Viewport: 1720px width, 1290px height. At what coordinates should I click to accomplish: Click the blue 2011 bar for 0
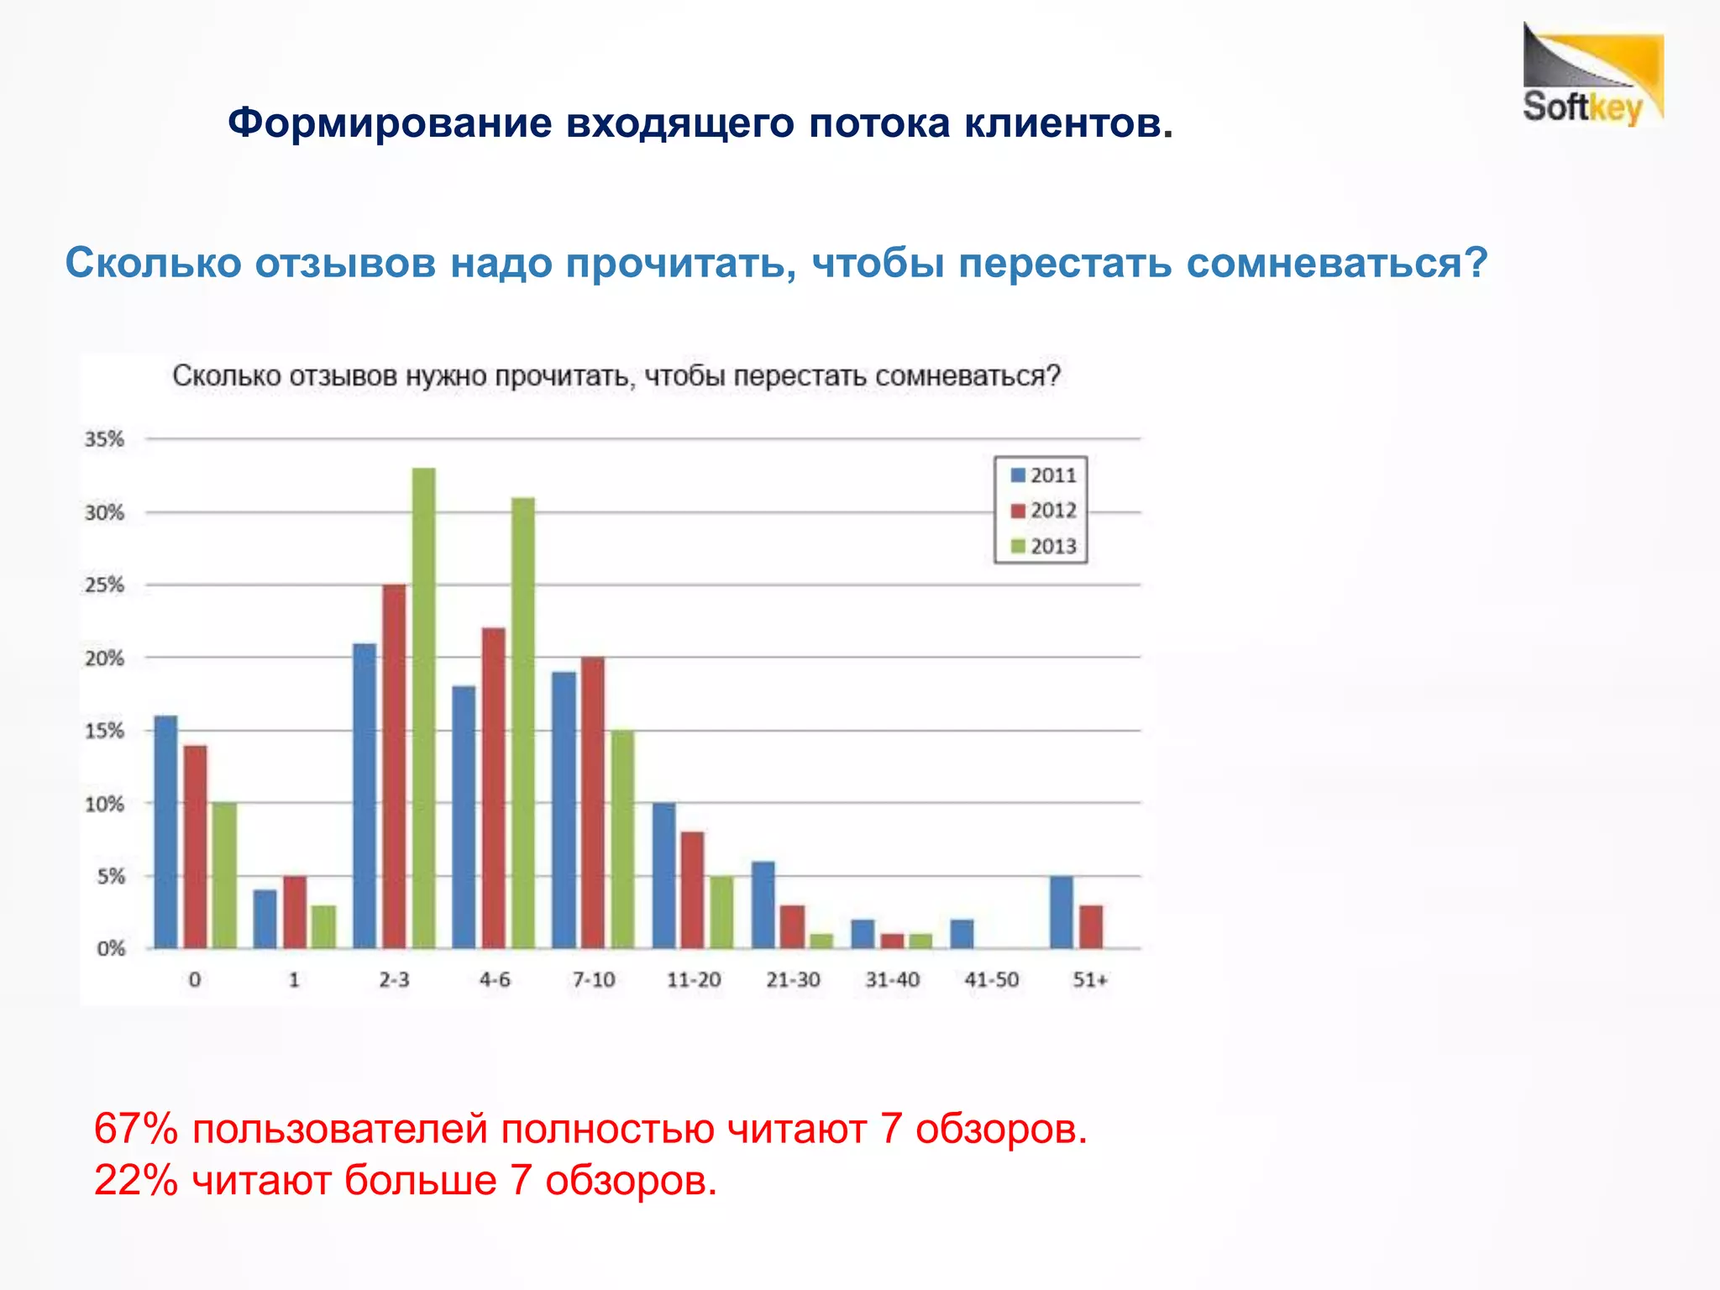[166, 831]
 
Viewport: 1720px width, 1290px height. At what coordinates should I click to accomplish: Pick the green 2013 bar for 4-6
[523, 722]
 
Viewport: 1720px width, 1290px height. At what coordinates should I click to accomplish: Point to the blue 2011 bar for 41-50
[962, 934]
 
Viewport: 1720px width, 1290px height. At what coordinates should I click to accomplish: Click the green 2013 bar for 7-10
[622, 839]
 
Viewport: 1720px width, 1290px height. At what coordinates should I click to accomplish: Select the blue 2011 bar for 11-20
[663, 875]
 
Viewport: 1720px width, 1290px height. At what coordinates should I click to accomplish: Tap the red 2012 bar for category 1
[295, 912]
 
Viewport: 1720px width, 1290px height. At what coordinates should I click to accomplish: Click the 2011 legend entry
[1043, 475]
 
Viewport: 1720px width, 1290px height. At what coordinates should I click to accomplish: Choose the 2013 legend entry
[1043, 547]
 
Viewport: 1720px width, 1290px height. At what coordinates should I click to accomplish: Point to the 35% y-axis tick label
[104, 439]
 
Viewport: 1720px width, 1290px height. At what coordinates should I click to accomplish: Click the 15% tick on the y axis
[104, 731]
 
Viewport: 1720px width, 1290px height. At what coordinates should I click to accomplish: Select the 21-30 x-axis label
[793, 980]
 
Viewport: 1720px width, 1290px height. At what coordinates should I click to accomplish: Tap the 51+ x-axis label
[1090, 980]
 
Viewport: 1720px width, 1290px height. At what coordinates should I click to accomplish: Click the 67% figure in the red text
[135, 1129]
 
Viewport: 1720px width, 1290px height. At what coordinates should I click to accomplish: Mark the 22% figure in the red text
[135, 1180]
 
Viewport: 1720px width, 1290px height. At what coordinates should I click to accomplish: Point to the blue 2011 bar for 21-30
[763, 905]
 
